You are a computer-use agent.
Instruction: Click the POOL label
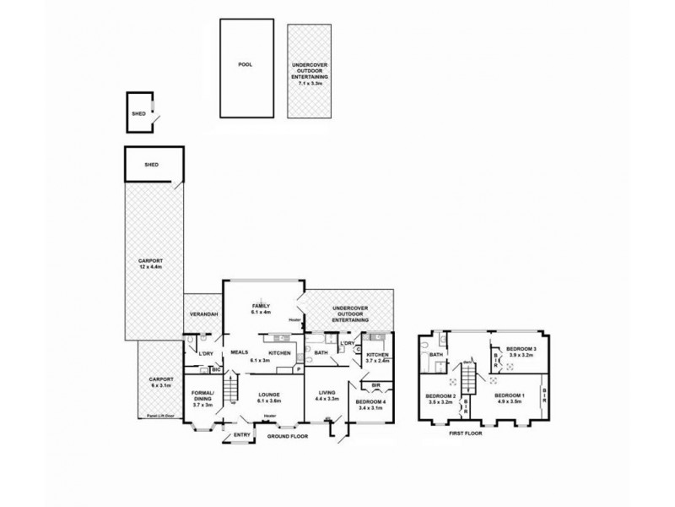click(x=245, y=64)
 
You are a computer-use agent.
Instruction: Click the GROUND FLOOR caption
click(x=288, y=437)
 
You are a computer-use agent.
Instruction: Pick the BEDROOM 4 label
click(x=371, y=403)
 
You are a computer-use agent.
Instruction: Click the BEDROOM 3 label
click(x=521, y=349)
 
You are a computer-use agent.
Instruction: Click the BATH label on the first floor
click(x=436, y=355)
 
